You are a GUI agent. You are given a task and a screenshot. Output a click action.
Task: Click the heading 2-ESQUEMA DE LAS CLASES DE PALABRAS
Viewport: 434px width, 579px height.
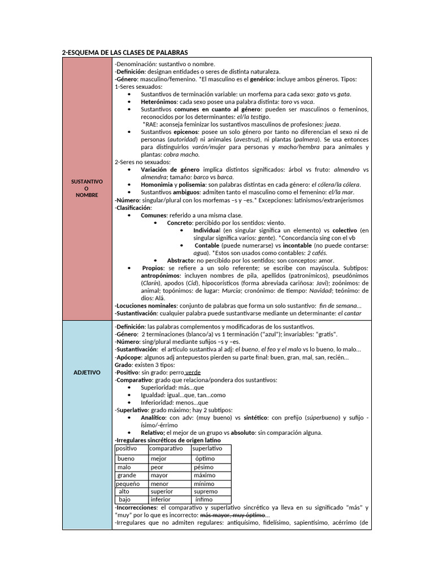point(124,53)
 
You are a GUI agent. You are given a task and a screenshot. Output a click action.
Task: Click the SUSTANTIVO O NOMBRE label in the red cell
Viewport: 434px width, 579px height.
point(86,188)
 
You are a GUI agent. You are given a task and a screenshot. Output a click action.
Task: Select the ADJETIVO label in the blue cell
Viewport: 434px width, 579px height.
point(86,373)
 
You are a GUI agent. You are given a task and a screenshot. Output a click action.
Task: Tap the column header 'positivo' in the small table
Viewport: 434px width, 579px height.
point(127,448)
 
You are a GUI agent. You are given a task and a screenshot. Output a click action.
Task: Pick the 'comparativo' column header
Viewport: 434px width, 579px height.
point(167,448)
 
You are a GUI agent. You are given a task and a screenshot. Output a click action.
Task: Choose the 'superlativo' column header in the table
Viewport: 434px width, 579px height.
point(207,448)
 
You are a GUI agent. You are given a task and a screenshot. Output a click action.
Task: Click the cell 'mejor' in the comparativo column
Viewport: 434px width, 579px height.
point(159,459)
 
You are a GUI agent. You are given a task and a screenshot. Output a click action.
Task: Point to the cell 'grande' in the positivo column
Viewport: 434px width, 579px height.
point(127,476)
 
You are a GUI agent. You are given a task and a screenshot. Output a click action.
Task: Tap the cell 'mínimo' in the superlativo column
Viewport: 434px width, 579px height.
point(204,484)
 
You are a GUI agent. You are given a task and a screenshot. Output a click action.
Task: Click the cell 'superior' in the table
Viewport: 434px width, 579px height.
point(162,492)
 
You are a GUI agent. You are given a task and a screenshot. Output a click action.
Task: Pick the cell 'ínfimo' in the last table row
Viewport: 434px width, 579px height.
point(204,500)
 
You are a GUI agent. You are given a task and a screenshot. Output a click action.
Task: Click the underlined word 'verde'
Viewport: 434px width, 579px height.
point(193,373)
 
